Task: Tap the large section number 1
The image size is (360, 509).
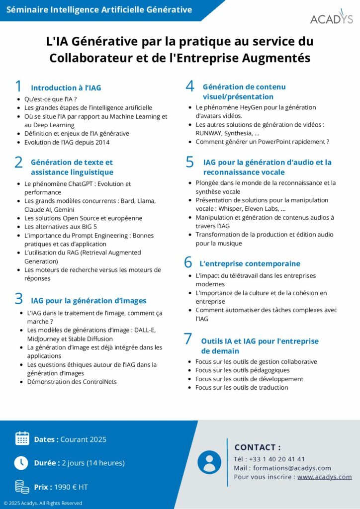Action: coord(18,86)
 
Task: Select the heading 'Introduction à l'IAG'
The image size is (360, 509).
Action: coord(66,88)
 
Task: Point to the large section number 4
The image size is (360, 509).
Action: coord(190,86)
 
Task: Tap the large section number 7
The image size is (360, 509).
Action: coord(188,339)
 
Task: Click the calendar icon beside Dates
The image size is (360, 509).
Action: coord(22,438)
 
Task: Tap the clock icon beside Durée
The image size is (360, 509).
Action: coord(21,462)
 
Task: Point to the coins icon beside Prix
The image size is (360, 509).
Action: coord(22,486)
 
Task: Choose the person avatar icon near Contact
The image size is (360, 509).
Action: coord(209,462)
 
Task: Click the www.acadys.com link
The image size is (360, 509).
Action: coord(324,477)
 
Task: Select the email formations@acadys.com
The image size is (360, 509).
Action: coord(292,468)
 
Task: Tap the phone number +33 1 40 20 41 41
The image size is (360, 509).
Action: coord(277,459)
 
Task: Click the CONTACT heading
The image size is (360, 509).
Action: coord(257,447)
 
